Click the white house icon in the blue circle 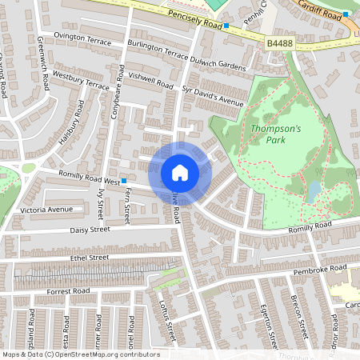tap(180, 173)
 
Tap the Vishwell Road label tap(151, 81)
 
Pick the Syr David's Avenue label tap(212, 96)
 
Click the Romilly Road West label tap(88, 178)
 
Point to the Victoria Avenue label tap(46, 210)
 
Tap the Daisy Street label tap(90, 230)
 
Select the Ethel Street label tap(89, 258)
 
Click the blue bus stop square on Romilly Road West tap(123, 182)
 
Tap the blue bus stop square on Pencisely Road tap(226, 26)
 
